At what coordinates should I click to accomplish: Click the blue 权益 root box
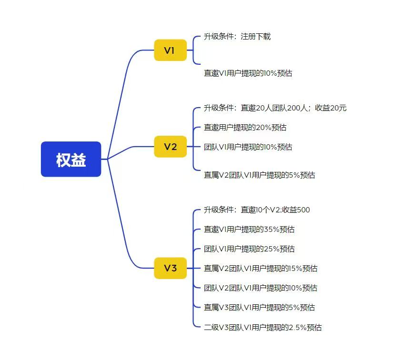[x=71, y=159]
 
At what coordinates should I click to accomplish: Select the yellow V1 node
[x=171, y=50]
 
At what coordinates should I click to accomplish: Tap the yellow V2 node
[x=171, y=146]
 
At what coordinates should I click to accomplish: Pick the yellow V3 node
[x=171, y=268]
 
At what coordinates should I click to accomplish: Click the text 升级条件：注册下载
[x=237, y=37]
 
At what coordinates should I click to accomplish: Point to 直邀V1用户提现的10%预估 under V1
[x=248, y=73]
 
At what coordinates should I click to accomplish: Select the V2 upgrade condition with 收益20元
[x=275, y=108]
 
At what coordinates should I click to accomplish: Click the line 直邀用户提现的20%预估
[x=245, y=128]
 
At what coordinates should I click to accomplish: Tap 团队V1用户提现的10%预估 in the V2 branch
[x=248, y=147]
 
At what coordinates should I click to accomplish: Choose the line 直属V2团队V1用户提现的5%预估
[x=259, y=175]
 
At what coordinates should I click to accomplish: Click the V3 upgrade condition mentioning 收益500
[x=257, y=210]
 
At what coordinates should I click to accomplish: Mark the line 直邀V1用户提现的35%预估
[x=249, y=229]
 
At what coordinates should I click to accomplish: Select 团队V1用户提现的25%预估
[x=249, y=249]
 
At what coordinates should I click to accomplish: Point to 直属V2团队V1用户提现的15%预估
[x=261, y=269]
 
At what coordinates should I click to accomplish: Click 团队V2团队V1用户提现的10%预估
[x=261, y=288]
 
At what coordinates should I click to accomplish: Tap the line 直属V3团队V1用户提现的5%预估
[x=259, y=308]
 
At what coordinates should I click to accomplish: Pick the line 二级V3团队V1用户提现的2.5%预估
[x=263, y=328]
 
